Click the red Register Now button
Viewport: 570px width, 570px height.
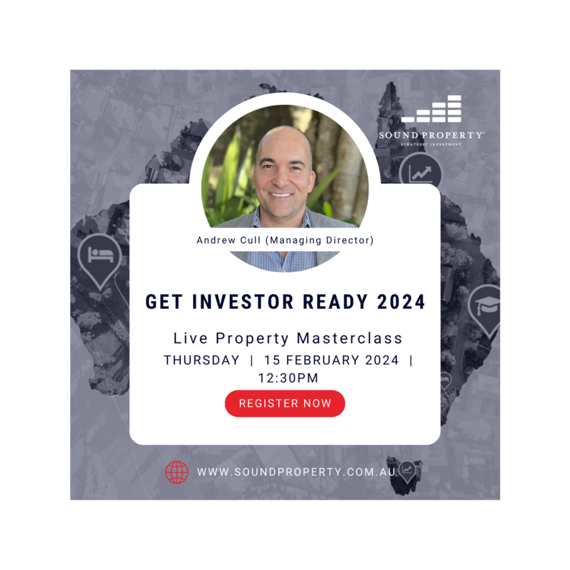tap(284, 403)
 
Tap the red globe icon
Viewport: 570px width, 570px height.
tap(177, 472)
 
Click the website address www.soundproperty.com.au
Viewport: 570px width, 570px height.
tap(296, 472)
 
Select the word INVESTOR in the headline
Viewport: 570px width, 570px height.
tap(243, 302)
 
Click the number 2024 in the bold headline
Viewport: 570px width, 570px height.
tap(401, 302)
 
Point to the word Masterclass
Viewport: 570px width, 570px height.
tap(350, 338)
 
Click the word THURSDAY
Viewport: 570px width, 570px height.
tap(202, 360)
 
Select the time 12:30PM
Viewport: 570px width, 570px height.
tap(288, 378)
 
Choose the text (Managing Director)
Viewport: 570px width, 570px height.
tap(319, 240)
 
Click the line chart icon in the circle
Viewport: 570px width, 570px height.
tap(421, 174)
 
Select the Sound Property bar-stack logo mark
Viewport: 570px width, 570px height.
tap(431, 109)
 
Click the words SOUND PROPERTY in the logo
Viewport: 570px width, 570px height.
tap(431, 135)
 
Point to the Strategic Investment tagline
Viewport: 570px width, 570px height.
tap(431, 144)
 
